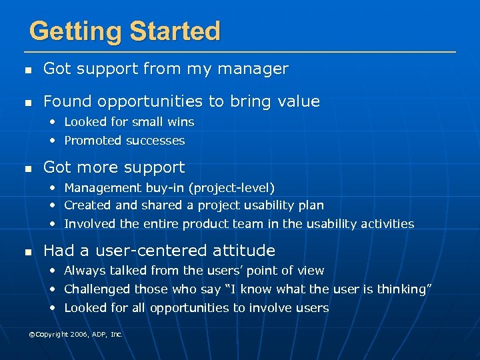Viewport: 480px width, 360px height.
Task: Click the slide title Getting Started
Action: click(125, 31)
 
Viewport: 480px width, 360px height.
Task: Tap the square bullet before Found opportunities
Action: click(27, 103)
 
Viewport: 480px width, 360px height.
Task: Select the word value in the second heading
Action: click(297, 101)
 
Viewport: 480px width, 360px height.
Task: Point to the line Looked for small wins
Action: click(129, 122)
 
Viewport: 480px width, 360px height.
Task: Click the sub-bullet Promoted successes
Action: click(124, 141)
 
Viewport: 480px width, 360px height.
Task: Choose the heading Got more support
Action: click(114, 167)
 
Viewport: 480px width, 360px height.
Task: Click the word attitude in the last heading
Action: click(247, 251)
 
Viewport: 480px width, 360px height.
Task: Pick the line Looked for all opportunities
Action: click(196, 308)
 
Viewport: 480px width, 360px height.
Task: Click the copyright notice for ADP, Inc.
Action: click(75, 334)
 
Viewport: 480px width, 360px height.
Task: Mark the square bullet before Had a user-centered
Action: click(27, 252)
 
